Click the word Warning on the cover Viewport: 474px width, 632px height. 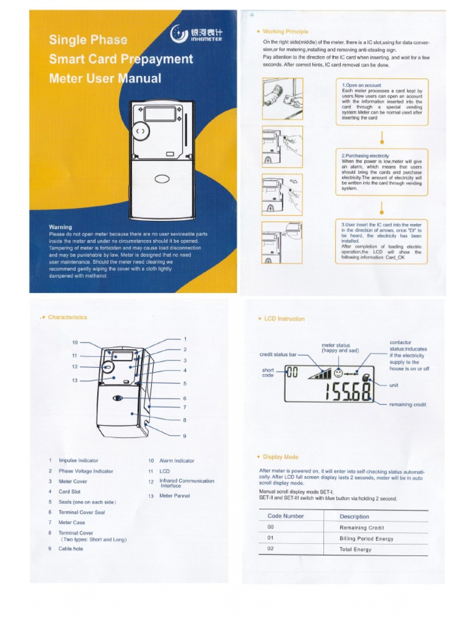(60, 227)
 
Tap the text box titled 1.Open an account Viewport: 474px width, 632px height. (381, 102)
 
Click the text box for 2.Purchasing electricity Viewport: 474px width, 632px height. (381, 172)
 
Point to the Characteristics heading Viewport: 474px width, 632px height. (67, 317)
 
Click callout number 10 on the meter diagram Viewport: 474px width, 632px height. (75, 342)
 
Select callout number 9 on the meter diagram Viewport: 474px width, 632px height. (184, 436)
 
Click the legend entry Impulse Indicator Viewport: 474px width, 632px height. (78, 460)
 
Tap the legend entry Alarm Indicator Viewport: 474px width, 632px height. (177, 460)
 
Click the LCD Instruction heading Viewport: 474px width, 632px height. (284, 319)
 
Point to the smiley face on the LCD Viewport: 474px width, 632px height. (338, 373)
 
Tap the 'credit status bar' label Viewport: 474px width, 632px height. (278, 355)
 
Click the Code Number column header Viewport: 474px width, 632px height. (286, 516)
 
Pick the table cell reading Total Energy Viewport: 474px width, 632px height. (355, 549)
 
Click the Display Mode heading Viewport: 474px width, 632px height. (281, 457)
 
